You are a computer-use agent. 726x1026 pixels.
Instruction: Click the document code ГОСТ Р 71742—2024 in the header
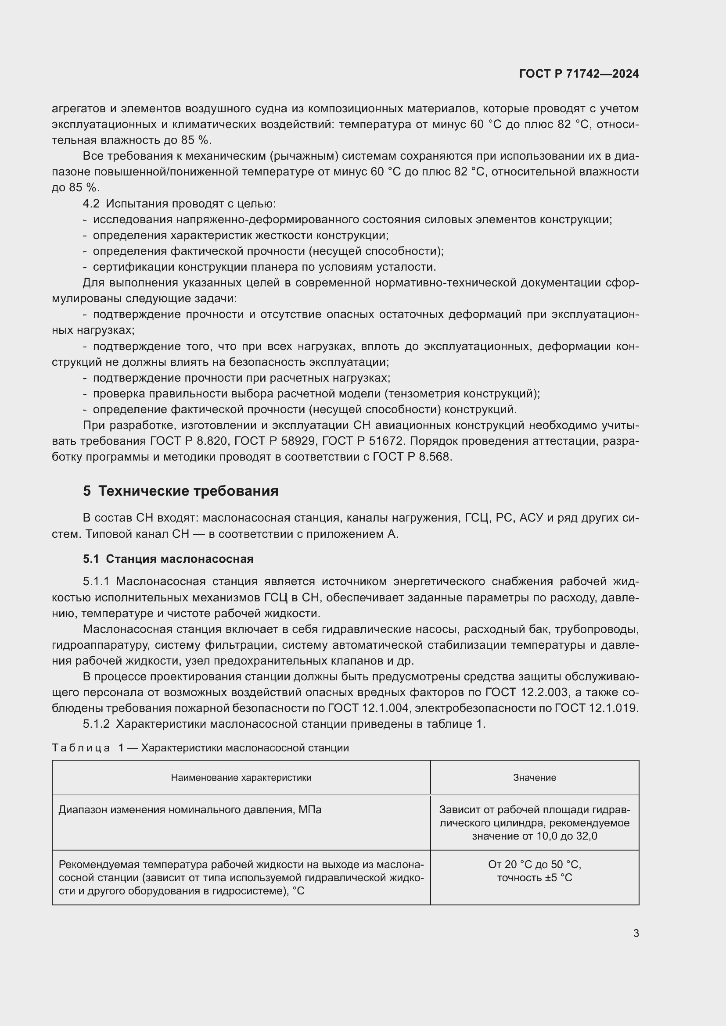pos(579,74)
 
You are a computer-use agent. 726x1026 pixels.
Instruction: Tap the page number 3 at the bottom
pos(636,933)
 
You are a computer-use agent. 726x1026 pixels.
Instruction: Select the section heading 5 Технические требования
pos(180,491)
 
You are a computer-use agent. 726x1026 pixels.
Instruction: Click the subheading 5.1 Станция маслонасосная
pos(168,559)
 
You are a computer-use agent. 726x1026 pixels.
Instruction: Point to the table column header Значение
pos(534,778)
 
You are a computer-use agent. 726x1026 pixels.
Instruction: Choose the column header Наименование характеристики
pos(241,778)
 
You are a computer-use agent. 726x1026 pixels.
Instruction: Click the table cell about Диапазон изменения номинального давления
pos(190,810)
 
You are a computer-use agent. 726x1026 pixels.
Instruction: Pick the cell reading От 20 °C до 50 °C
pos(534,865)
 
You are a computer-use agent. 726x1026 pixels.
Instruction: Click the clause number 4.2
pos(91,204)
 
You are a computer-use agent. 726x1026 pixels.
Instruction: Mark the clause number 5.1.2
pos(96,724)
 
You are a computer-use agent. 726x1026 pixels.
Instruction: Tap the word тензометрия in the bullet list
pos(425,393)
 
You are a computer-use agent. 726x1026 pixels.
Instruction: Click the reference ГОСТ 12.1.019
pos(596,708)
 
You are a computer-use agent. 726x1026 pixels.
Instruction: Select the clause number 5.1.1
pos(96,581)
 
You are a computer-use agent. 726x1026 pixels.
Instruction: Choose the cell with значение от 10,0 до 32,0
pos(534,836)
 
